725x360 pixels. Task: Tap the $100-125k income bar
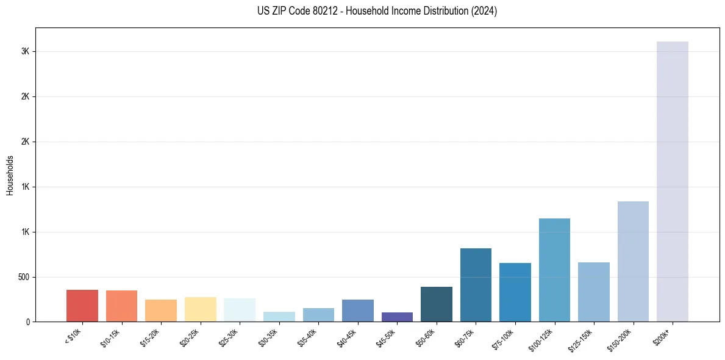click(x=554, y=270)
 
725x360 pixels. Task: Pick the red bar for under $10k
click(x=82, y=306)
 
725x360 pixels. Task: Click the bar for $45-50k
click(x=397, y=317)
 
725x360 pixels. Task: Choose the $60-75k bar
click(x=476, y=285)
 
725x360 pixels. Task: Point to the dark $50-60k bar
click(x=437, y=304)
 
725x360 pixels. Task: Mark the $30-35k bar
click(x=279, y=317)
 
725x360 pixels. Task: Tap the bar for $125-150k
click(x=593, y=292)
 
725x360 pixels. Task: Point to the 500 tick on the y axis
click(x=23, y=277)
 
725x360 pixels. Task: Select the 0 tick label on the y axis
click(x=27, y=322)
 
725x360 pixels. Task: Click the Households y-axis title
click(x=10, y=175)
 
